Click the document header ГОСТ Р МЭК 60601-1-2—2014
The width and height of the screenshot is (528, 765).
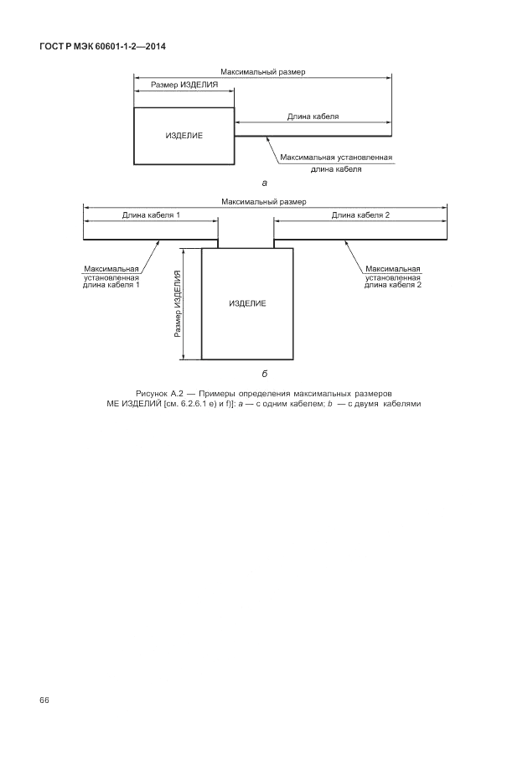point(102,46)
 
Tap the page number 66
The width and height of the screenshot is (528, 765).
point(44,700)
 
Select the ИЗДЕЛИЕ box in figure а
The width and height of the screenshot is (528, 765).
point(184,136)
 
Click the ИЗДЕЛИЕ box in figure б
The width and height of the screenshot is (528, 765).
point(247,302)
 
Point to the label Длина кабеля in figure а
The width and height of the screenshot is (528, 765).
point(313,116)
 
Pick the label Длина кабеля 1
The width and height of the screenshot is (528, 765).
point(151,215)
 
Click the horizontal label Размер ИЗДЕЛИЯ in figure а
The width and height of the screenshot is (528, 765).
point(184,85)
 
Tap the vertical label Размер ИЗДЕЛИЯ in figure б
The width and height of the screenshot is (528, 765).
point(178,303)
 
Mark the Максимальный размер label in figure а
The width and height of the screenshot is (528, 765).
point(263,72)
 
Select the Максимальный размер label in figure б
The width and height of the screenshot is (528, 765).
point(264,202)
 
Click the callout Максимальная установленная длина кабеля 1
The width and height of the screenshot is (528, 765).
point(111,277)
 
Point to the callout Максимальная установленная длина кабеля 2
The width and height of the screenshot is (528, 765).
point(392,277)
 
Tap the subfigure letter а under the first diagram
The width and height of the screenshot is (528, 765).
point(265,181)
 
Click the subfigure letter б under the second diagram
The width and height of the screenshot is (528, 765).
point(265,374)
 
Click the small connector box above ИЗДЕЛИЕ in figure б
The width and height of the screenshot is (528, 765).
point(246,232)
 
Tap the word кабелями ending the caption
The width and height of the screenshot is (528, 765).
point(401,403)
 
